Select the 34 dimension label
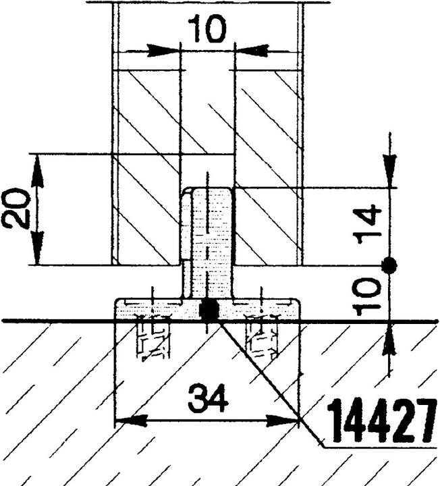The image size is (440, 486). coord(209,398)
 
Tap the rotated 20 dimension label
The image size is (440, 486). coord(16,209)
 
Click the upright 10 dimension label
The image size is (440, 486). coord(207,29)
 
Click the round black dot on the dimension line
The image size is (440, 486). coord(389,265)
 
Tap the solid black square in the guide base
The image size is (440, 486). coord(209,310)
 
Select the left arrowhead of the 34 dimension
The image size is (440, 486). coord(130,421)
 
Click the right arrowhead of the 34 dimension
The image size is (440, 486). coord(283,421)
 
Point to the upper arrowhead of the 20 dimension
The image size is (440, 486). coord(38,170)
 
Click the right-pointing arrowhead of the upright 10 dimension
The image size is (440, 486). coord(163,51)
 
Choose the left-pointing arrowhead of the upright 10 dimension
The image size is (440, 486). coord(252,51)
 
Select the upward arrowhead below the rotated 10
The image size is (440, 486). coord(389,339)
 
